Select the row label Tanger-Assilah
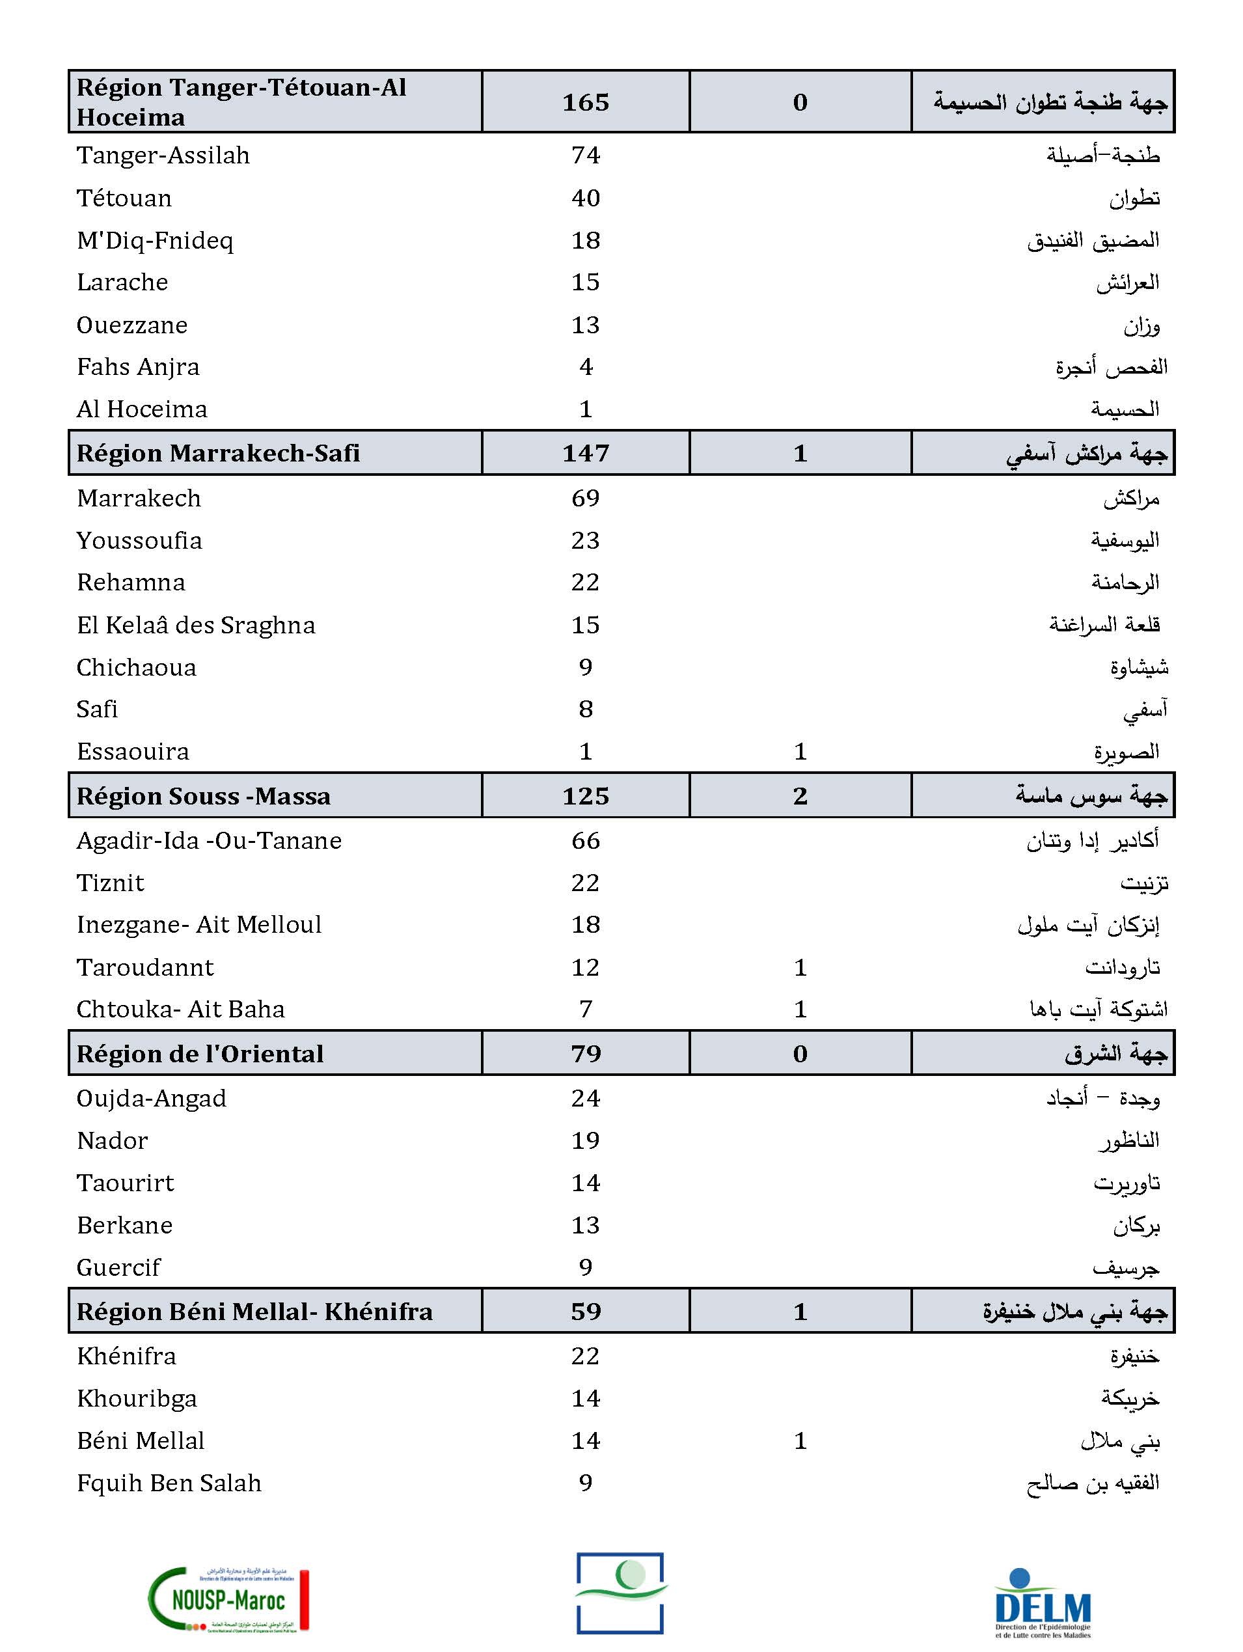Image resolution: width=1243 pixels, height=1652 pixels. (163, 156)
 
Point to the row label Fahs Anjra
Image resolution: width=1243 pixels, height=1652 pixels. (138, 366)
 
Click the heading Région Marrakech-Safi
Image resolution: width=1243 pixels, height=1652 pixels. (218, 453)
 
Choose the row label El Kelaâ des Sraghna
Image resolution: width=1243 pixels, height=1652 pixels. (196, 625)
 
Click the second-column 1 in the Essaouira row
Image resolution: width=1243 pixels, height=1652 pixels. (800, 751)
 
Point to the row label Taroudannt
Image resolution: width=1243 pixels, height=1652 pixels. (145, 968)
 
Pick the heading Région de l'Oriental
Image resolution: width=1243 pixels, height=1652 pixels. (200, 1054)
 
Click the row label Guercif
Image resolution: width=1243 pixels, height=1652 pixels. (118, 1267)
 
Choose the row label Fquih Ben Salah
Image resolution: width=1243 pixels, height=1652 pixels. (169, 1483)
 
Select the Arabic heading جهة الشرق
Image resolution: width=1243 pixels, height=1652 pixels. (1115, 1054)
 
